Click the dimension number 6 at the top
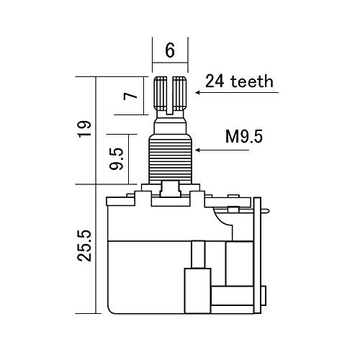click(170, 50)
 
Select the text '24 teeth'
click(239, 81)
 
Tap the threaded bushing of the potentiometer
click(171, 158)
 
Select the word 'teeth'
click(253, 81)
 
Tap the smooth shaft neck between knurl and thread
click(171, 125)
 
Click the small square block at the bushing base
click(171, 189)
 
